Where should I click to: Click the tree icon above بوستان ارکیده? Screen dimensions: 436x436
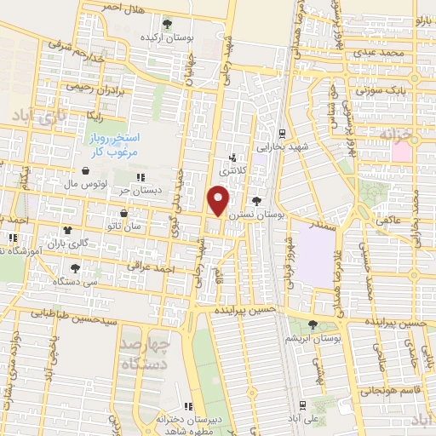(x=167, y=24)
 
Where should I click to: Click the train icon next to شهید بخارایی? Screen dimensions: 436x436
(x=281, y=134)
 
